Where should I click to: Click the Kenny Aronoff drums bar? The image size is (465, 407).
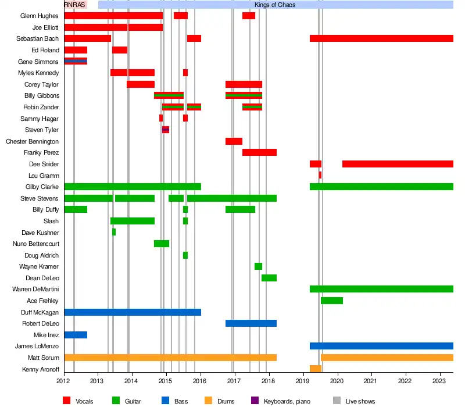click(316, 369)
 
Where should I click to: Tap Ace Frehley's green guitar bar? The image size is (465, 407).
click(332, 301)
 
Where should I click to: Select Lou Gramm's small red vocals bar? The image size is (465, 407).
click(320, 175)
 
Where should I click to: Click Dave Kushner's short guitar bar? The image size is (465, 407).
click(114, 232)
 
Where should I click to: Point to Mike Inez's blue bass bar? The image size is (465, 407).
click(76, 335)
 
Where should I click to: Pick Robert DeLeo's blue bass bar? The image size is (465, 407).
click(251, 323)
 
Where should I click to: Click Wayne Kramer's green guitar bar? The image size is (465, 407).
click(258, 266)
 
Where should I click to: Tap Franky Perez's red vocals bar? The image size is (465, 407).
click(259, 152)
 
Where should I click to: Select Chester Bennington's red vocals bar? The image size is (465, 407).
click(234, 141)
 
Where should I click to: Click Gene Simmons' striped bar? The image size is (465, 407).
click(76, 61)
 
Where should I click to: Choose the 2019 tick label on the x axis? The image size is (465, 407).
click(302, 381)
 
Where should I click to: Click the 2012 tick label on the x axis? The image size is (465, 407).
click(64, 381)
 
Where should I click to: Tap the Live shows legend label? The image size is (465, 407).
click(360, 401)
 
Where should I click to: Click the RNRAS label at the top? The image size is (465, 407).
click(74, 5)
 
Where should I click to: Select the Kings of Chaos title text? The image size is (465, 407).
click(275, 5)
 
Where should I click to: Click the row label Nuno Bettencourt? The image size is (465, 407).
click(36, 244)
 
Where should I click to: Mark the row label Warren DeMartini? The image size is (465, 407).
click(35, 289)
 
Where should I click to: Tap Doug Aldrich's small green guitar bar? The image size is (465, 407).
click(185, 255)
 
